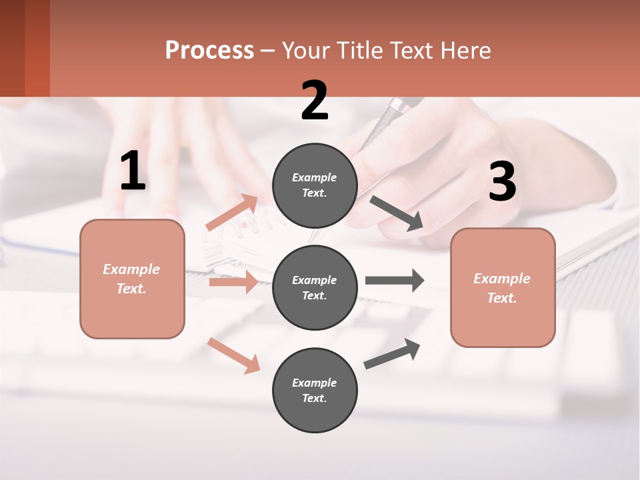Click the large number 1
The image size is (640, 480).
(x=133, y=171)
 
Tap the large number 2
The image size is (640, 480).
(x=315, y=101)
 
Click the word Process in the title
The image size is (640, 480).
(x=209, y=50)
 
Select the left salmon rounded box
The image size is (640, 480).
(x=132, y=279)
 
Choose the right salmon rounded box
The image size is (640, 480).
(x=503, y=287)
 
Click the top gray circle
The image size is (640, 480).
(x=315, y=185)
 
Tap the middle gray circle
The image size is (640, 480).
(x=315, y=287)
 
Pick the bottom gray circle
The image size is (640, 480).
(x=315, y=390)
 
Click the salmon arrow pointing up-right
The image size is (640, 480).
(x=233, y=213)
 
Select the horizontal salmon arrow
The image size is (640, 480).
(x=233, y=283)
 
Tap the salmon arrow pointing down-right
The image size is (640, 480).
(x=234, y=355)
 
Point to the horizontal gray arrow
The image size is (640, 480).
(x=395, y=280)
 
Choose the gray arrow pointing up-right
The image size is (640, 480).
(x=393, y=353)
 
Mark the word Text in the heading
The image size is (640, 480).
(x=407, y=50)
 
